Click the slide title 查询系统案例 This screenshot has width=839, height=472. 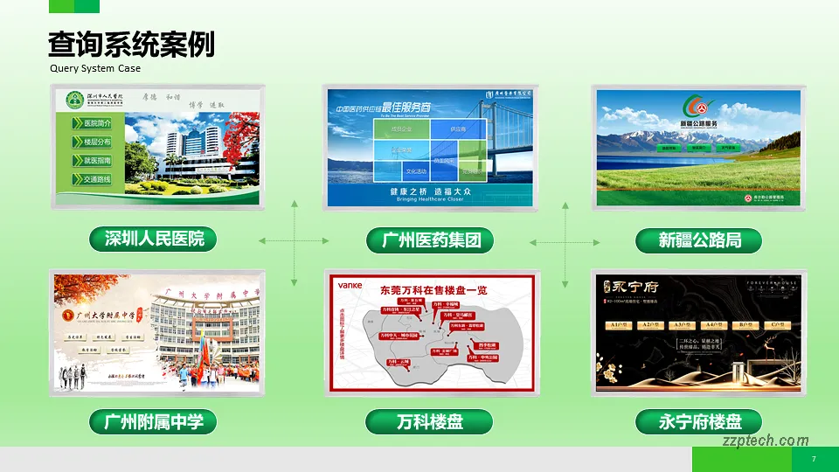pos(131,44)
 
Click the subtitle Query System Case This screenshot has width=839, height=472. pos(95,68)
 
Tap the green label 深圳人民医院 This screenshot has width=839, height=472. pos(154,239)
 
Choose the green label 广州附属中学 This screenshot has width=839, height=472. pos(154,422)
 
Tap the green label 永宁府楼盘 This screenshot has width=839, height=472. pos(698,422)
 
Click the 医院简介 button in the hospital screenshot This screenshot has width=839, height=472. pos(97,123)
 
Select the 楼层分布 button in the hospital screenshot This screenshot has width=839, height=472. pos(97,142)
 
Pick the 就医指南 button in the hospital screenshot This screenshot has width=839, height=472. pos(97,161)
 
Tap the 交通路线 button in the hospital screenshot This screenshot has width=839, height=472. pos(97,179)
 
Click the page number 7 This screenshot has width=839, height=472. pos(814,460)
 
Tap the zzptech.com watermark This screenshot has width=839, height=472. pos(766,441)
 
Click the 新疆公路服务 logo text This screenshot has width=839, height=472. pos(698,124)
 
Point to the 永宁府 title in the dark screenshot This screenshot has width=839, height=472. pos(632,286)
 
